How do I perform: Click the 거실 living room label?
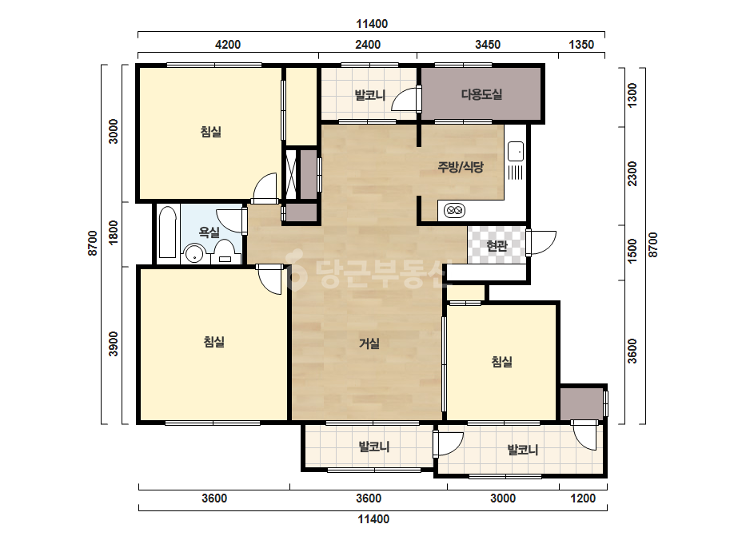coord(369,343)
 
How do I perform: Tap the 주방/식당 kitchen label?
coord(461,166)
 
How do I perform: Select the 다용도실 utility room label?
coord(481,94)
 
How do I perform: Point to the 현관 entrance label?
coord(497,245)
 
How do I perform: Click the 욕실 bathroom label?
coord(209,232)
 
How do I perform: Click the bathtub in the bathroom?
coord(168,232)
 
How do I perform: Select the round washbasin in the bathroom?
coord(193,255)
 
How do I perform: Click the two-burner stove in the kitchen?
coord(454,210)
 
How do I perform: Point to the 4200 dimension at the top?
coord(228,45)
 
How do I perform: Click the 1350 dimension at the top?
coord(581,45)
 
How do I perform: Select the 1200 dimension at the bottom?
coord(583,498)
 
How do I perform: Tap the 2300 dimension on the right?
coord(632,174)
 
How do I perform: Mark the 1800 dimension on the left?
coord(114,232)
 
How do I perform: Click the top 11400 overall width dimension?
coord(372,24)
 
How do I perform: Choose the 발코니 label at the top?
coord(370,96)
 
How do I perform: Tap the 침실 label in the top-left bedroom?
coord(211,132)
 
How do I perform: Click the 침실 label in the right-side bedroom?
coord(501,362)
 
